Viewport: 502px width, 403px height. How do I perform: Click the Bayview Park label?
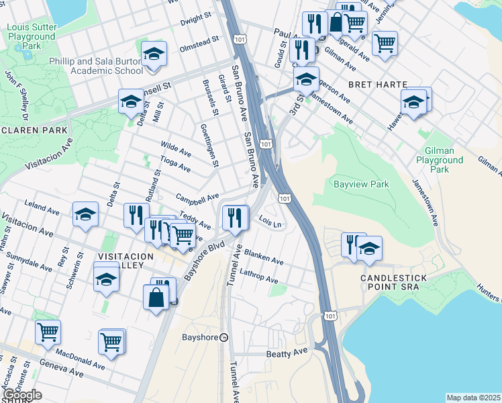[x=361, y=183]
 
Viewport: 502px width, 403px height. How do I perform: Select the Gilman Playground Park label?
[x=440, y=161]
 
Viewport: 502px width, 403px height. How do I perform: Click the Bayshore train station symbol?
[x=224, y=337]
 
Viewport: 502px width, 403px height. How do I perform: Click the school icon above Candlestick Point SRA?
[x=369, y=248]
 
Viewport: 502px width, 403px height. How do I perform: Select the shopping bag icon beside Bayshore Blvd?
[x=156, y=297]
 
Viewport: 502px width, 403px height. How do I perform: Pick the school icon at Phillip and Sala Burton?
[x=154, y=56]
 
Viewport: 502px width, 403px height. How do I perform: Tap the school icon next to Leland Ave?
[x=86, y=214]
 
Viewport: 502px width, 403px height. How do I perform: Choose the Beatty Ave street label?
[x=286, y=352]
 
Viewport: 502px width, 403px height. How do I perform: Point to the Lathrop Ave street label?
[x=258, y=276]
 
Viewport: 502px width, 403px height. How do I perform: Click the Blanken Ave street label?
[x=264, y=257]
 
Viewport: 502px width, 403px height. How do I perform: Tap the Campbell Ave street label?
[x=197, y=197]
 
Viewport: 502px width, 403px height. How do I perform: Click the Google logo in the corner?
[x=22, y=395]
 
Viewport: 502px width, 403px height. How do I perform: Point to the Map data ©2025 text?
[x=473, y=398]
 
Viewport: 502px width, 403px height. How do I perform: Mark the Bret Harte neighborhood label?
[x=378, y=85]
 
